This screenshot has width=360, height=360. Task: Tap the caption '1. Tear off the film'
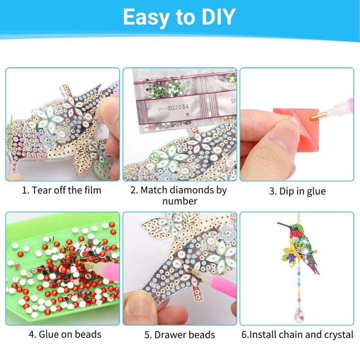tap(62, 190)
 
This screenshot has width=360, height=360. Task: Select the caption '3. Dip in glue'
tap(297, 191)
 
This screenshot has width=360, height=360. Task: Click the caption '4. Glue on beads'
tap(65, 334)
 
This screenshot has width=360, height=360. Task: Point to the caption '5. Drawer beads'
tap(180, 335)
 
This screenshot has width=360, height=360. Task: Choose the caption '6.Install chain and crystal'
tap(297, 334)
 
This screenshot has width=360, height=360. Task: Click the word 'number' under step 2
tap(179, 201)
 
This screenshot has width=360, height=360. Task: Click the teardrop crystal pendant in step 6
tap(298, 312)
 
